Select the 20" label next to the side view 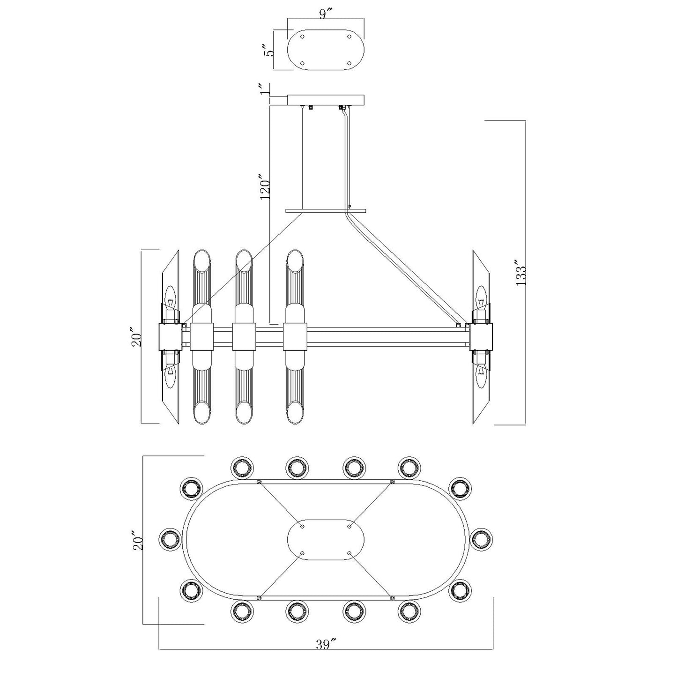coord(136,337)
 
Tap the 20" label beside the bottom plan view coord(136,540)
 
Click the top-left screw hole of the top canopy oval coord(302,37)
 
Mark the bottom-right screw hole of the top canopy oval coord(350,63)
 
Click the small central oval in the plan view coord(326,539)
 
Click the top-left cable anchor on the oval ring coord(259,482)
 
